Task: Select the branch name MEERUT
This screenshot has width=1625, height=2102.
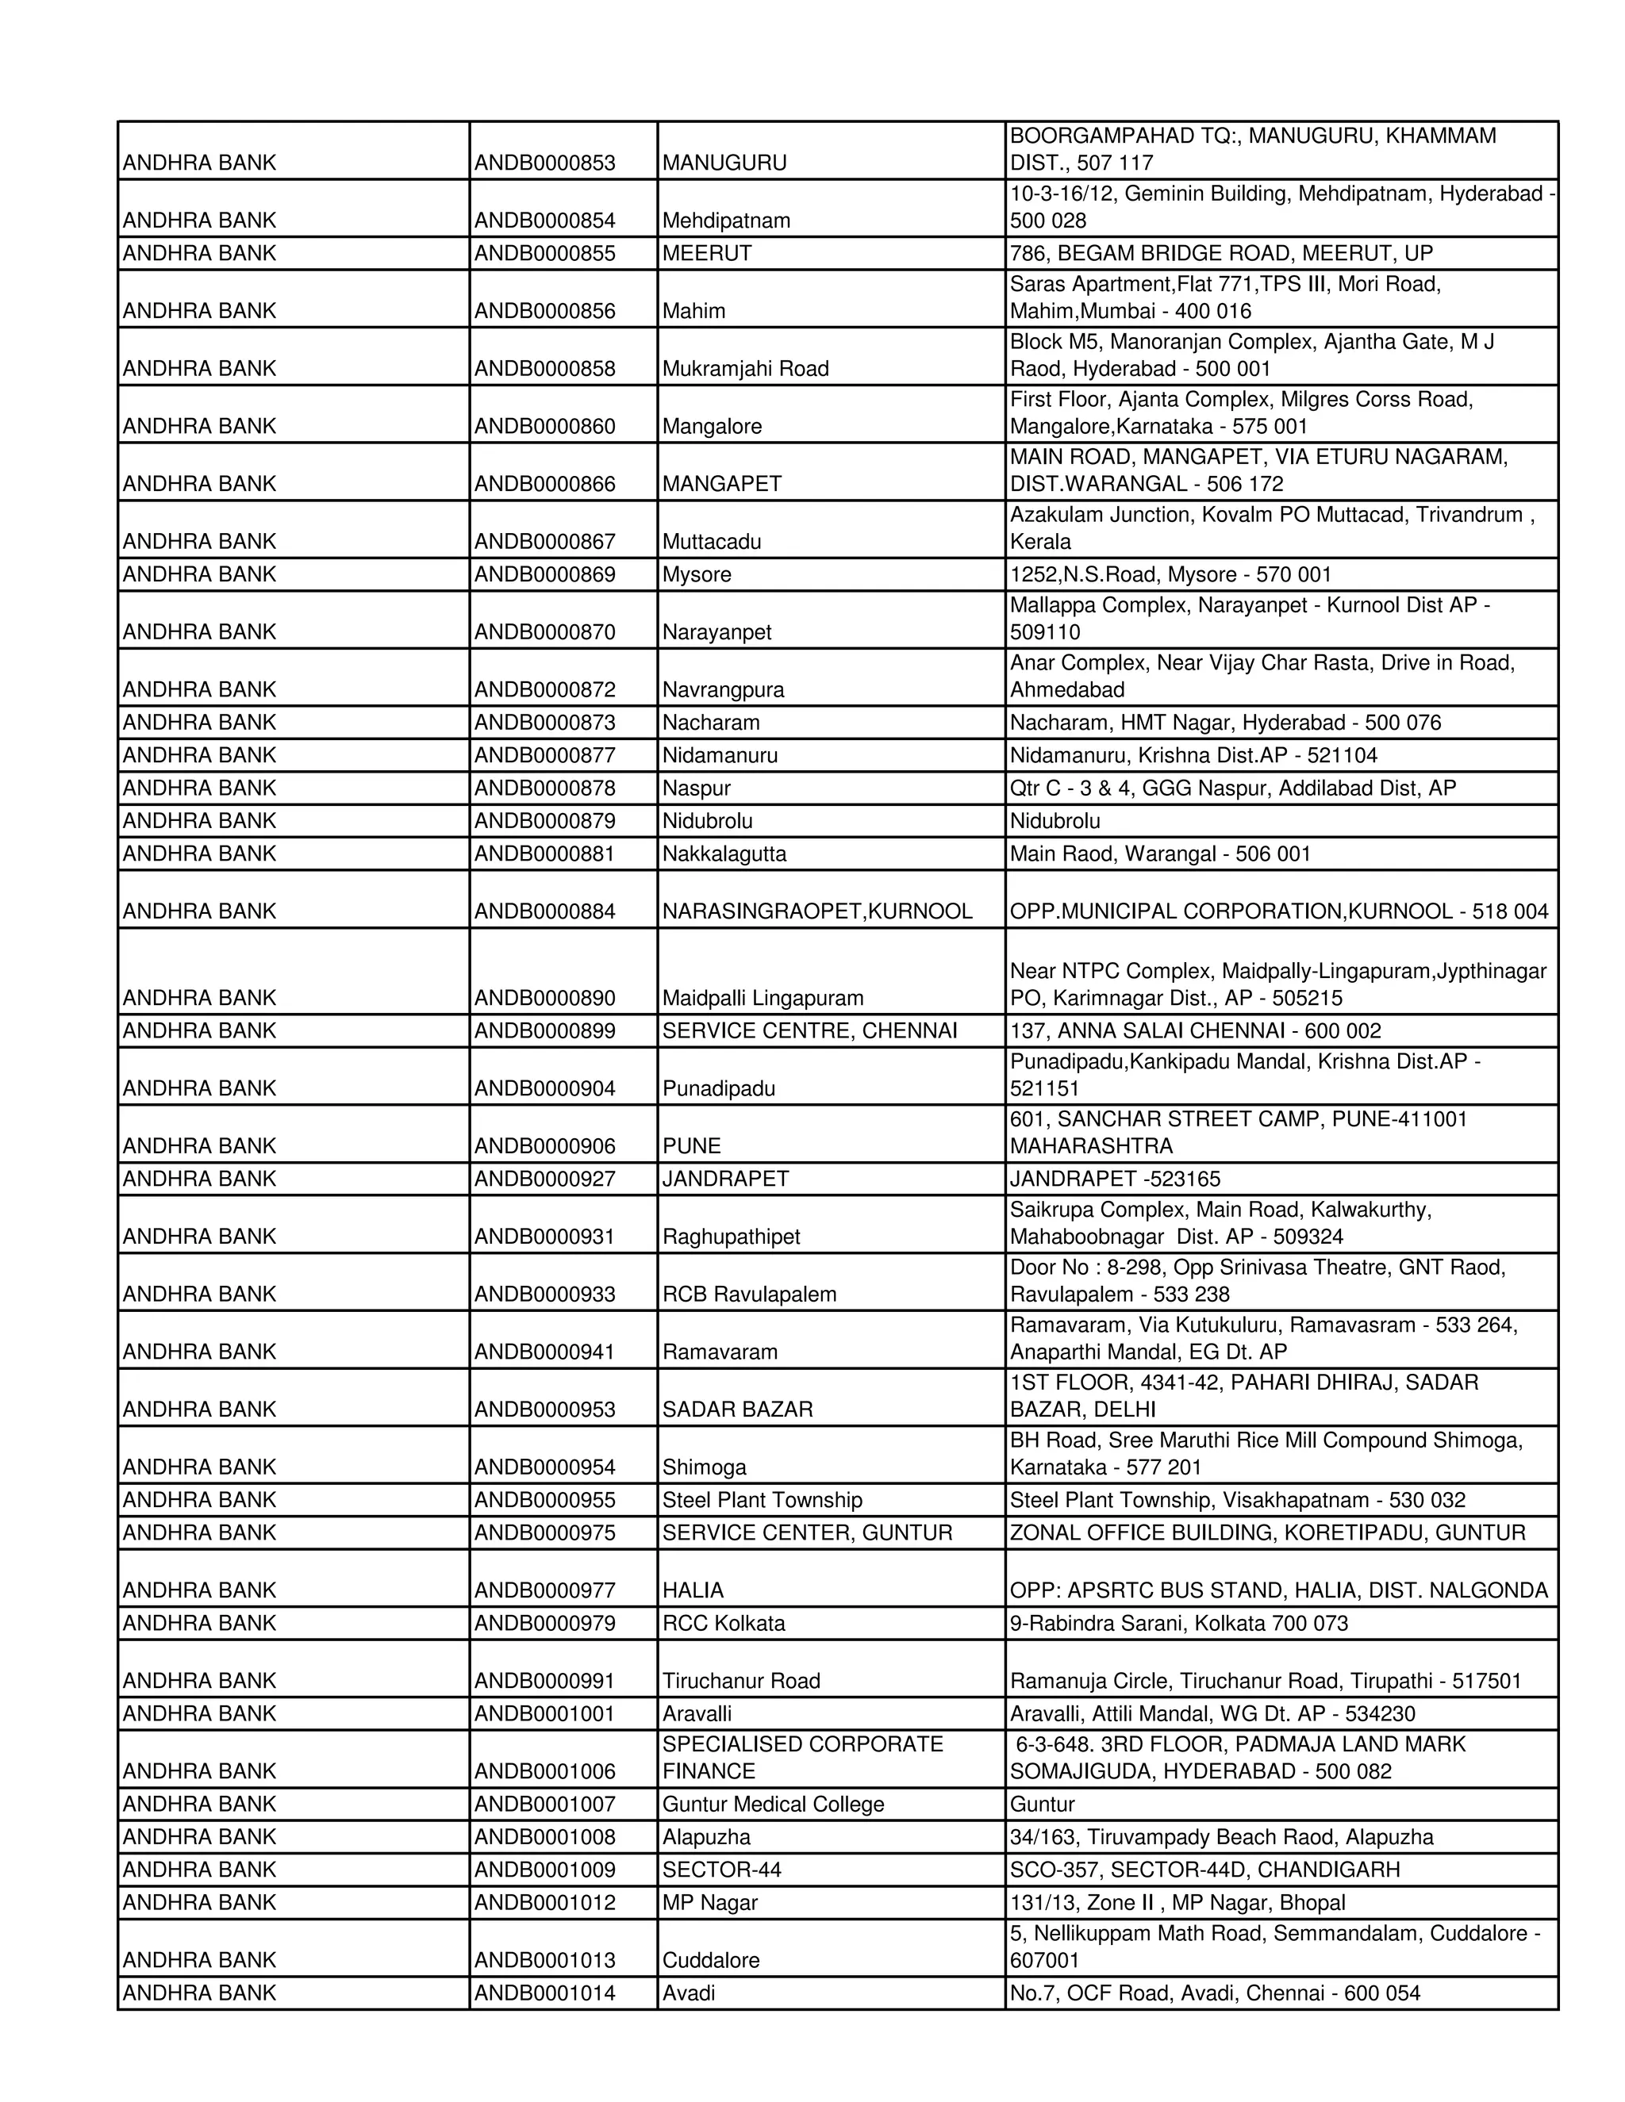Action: (x=707, y=253)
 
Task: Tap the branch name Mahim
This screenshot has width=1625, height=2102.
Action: (x=693, y=311)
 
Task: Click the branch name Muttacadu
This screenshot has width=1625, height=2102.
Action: (x=712, y=542)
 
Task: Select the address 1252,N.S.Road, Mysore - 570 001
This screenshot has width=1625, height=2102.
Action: (x=1170, y=574)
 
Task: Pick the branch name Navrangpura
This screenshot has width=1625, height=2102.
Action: (x=723, y=690)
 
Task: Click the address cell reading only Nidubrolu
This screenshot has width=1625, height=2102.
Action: (x=1055, y=821)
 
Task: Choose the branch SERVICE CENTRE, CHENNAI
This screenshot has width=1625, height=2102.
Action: (x=809, y=1031)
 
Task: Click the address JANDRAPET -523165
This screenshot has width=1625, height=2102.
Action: (x=1115, y=1179)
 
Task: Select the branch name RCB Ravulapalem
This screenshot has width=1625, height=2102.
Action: (x=749, y=1295)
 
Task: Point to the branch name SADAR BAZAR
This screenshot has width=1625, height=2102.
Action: (x=737, y=1410)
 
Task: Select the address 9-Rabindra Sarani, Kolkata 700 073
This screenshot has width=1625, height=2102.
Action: (x=1178, y=1624)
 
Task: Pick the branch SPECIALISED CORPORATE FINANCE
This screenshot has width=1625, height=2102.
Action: (x=802, y=1759)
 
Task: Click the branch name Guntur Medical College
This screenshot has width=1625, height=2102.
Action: (x=772, y=1805)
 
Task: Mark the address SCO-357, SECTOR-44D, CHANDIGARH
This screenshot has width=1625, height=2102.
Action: (x=1204, y=1870)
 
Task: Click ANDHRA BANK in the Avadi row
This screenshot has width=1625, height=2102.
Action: (x=199, y=1993)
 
